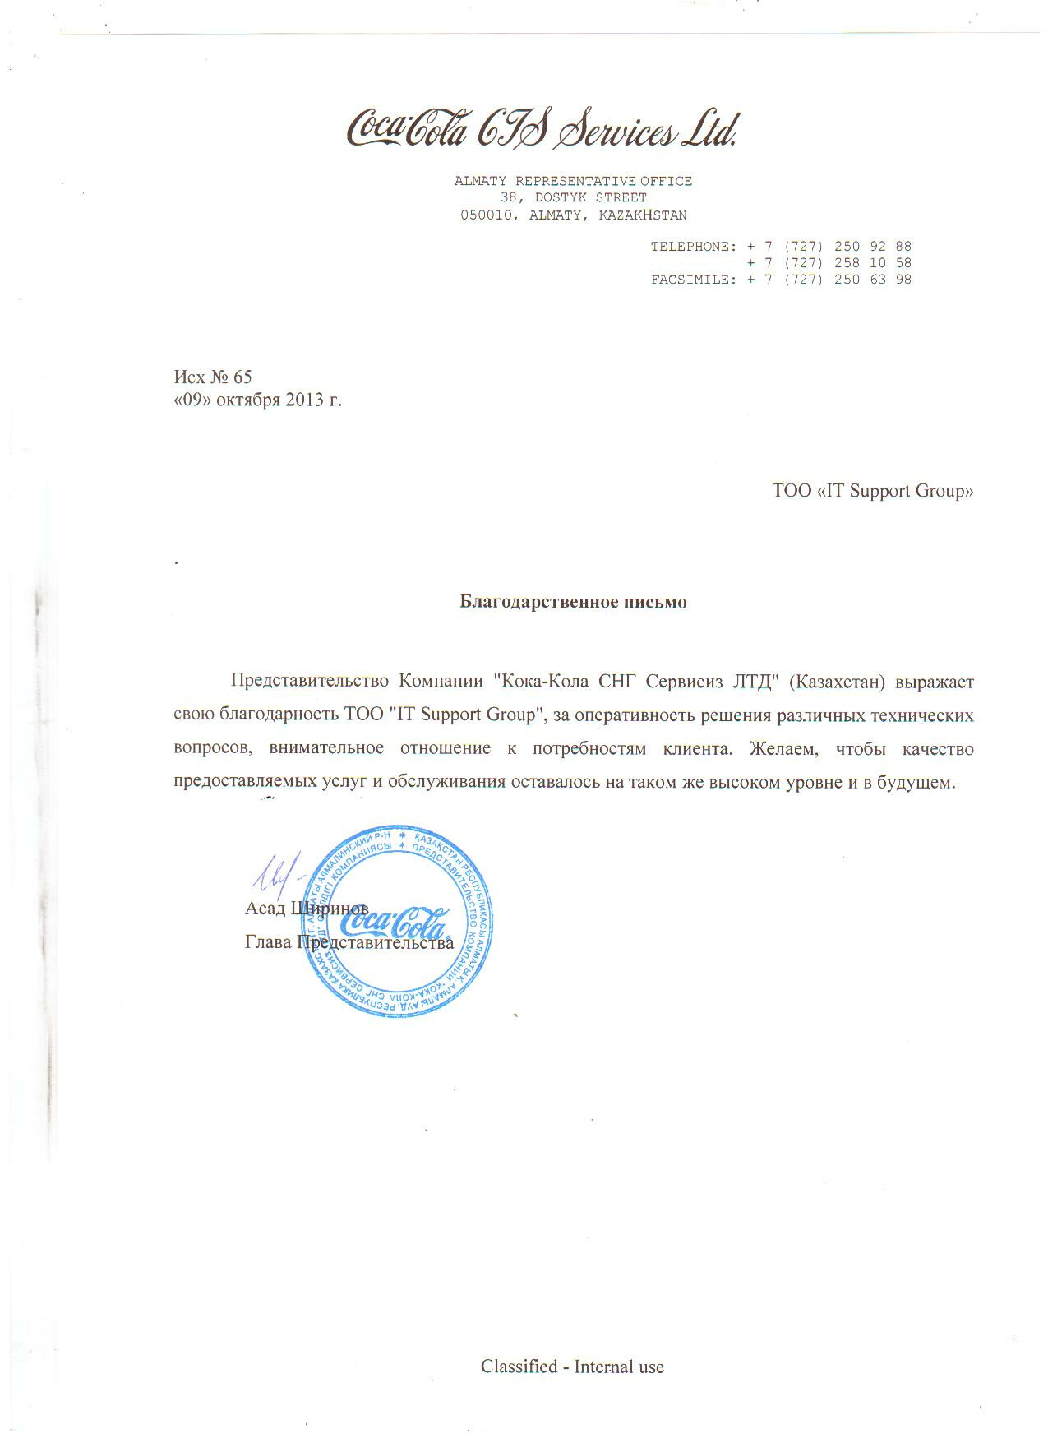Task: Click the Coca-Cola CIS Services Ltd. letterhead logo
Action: (542, 128)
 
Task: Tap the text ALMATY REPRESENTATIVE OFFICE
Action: (573, 181)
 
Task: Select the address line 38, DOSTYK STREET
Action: (573, 198)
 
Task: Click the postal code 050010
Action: (487, 215)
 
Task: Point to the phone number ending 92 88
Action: (829, 247)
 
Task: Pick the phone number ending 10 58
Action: (829, 263)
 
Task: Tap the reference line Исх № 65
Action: (213, 377)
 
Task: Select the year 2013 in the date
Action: (304, 400)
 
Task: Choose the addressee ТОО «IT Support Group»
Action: (872, 491)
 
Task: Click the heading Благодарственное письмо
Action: (573, 602)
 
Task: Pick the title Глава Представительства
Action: (349, 942)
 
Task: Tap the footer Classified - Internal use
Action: (572, 1367)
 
